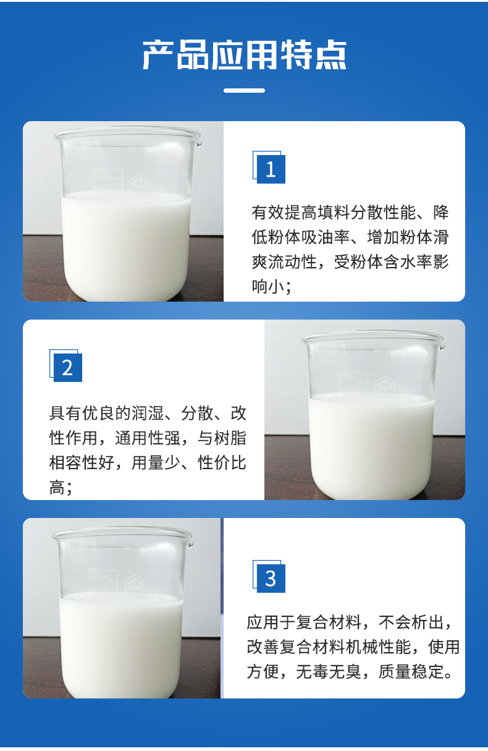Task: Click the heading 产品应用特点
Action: [245, 55]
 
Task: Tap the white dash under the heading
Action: [245, 90]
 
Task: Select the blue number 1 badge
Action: [269, 168]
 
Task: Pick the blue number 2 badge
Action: [66, 366]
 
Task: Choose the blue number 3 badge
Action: [269, 577]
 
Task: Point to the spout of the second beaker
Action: [442, 344]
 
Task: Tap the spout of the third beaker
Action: [190, 543]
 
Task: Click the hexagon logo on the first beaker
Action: [140, 184]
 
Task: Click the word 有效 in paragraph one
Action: [268, 212]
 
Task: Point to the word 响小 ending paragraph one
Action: [268, 287]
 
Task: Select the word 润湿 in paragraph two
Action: [148, 413]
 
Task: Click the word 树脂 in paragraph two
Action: [230, 438]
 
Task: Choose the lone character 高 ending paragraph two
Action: [57, 488]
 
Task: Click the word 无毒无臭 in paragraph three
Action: [329, 671]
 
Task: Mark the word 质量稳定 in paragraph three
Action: [411, 671]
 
